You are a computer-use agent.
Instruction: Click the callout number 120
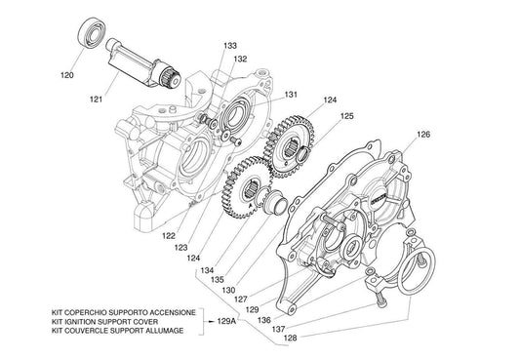pos(67,75)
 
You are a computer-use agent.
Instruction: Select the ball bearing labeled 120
pos(92,33)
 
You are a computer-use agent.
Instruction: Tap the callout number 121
pos(97,100)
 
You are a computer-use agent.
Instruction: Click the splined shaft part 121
pos(143,65)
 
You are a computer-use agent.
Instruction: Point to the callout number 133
pos(230,46)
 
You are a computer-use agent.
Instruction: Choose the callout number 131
pos(291,95)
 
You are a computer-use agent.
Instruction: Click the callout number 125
pos(347,116)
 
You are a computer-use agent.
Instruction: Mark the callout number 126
pos(423,135)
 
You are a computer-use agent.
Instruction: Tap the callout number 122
pos(169,236)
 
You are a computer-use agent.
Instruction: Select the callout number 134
pos(207,270)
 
